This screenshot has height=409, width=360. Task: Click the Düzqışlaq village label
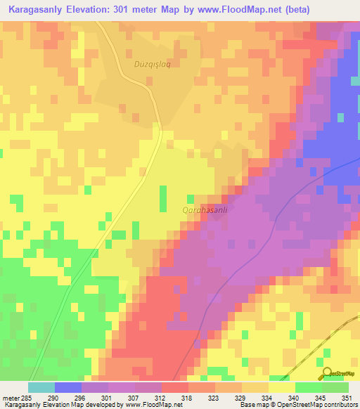coord(153,63)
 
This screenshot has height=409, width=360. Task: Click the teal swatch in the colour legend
coord(41,387)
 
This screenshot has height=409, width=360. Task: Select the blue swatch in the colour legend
coord(68,387)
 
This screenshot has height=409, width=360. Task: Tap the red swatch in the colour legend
coord(174,387)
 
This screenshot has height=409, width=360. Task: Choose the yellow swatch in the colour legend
coord(281,387)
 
